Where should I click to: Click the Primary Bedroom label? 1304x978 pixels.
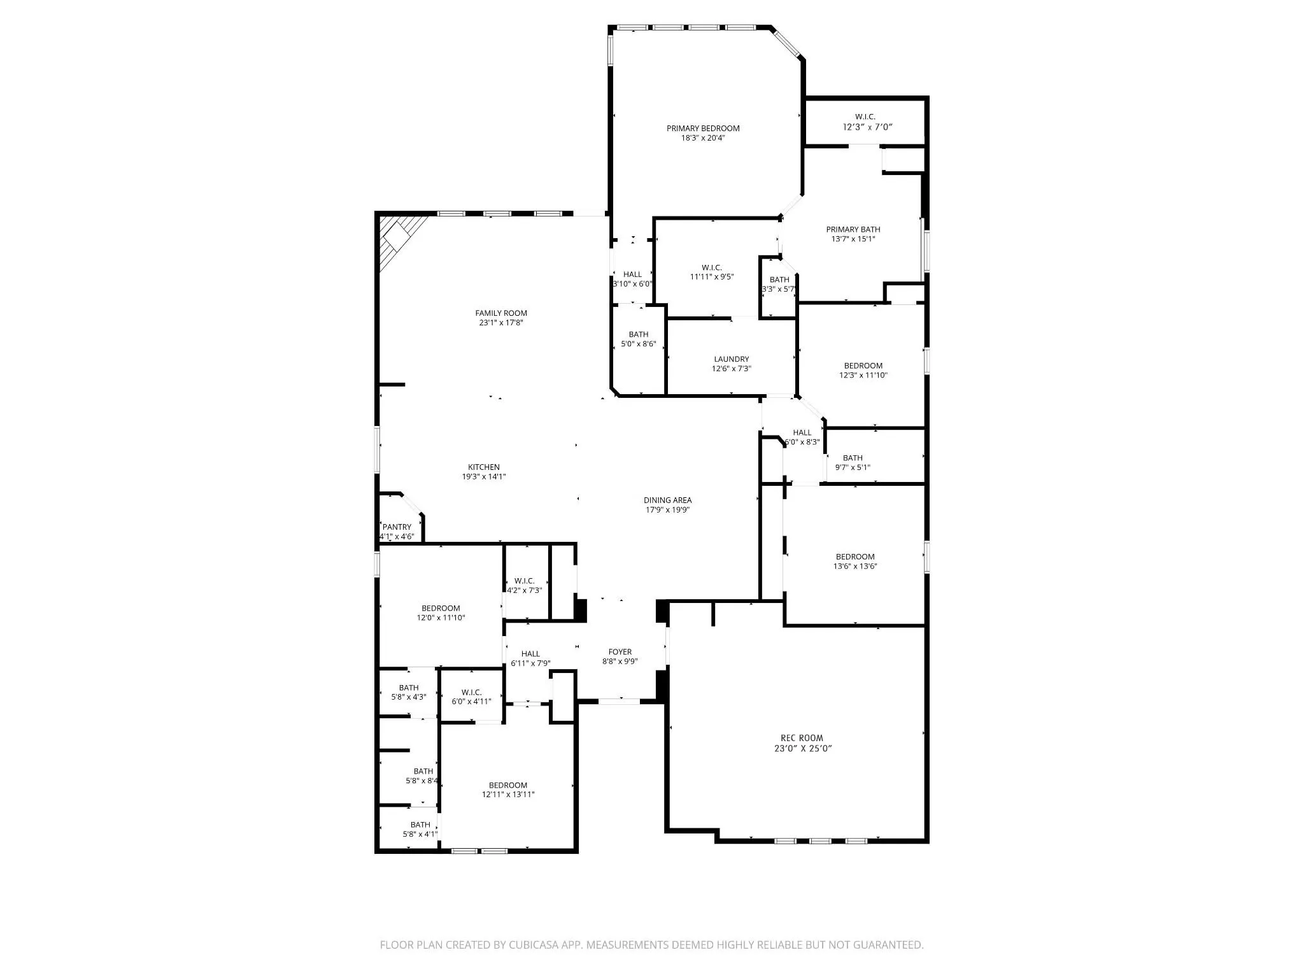click(703, 129)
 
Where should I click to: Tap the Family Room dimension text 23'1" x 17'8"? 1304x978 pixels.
click(501, 323)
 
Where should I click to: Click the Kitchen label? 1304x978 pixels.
click(484, 467)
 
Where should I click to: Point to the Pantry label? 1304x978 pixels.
click(397, 527)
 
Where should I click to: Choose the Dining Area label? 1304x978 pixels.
click(667, 500)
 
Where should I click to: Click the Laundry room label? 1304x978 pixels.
click(732, 359)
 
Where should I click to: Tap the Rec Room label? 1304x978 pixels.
click(802, 739)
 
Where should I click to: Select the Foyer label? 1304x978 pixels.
click(620, 652)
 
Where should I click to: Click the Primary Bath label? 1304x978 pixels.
click(853, 230)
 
